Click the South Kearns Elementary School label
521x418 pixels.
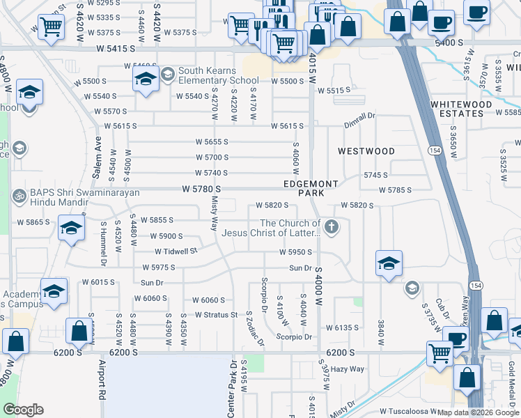coord(218,75)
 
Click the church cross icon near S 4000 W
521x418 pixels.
coord(332,226)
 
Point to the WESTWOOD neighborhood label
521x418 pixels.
coord(366,151)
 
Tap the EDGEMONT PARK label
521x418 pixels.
coord(311,188)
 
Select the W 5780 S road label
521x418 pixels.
coord(202,189)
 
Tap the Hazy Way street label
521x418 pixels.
coord(348,369)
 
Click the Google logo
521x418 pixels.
coord(23,410)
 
